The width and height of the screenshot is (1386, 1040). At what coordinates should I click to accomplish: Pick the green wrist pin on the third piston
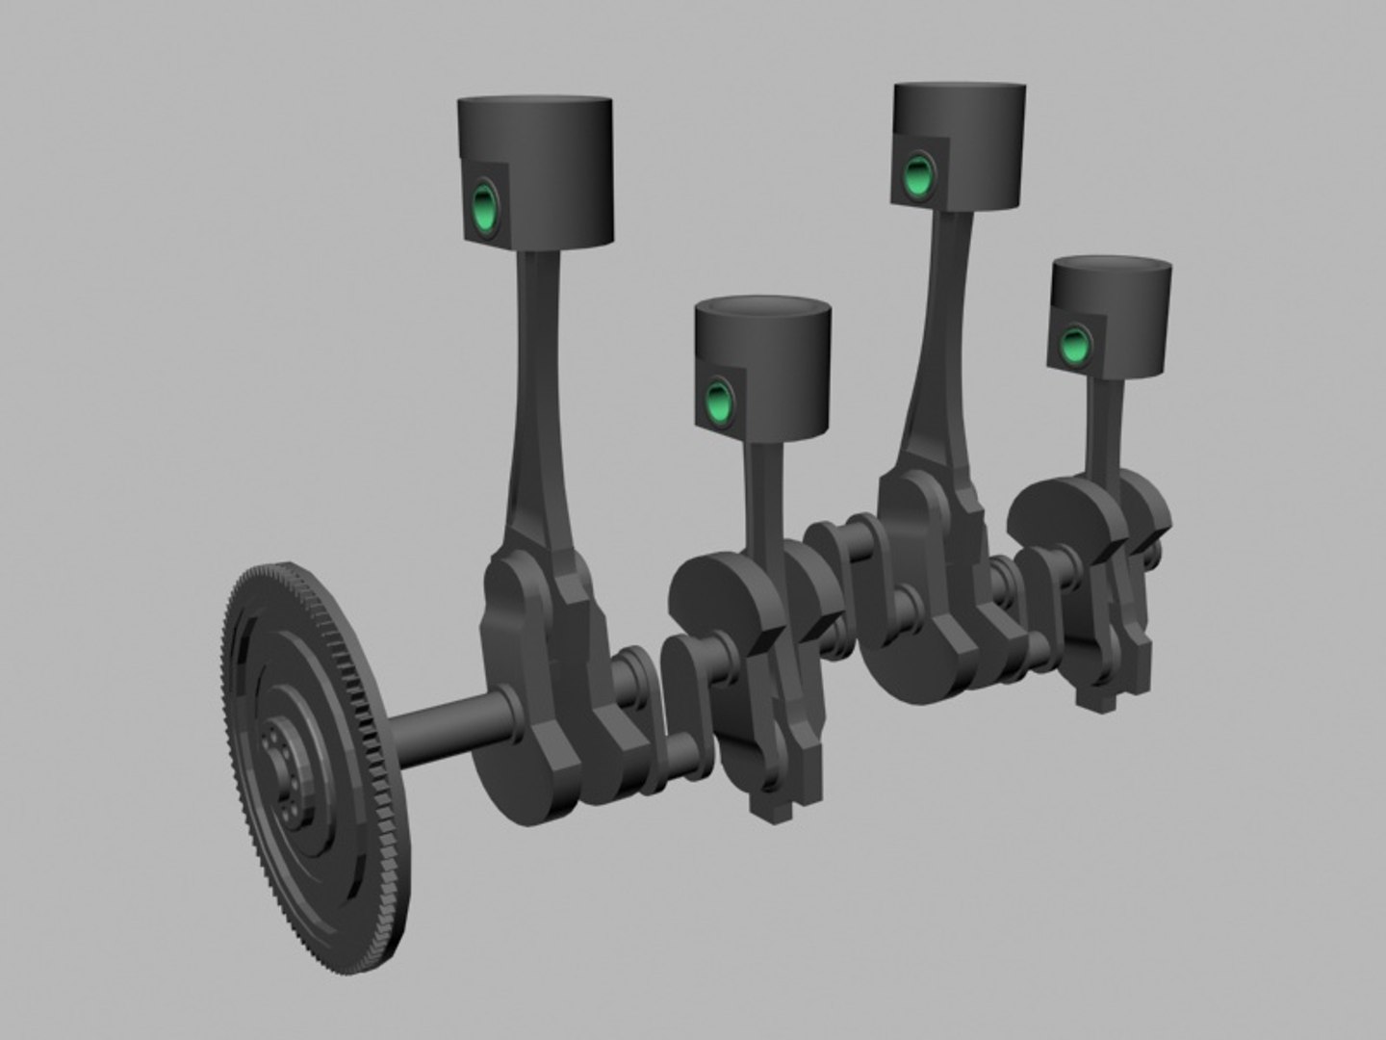pos(918,175)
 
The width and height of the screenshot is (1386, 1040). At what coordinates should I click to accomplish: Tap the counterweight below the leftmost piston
pos(525,751)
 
